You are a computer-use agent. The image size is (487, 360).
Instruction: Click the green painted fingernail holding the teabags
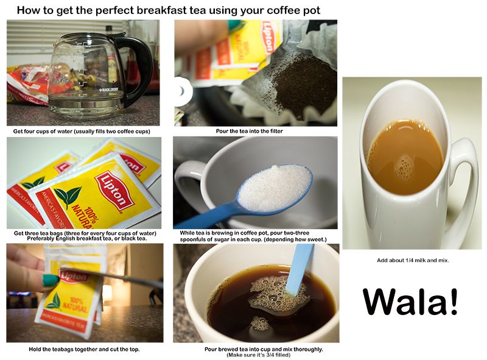(51, 280)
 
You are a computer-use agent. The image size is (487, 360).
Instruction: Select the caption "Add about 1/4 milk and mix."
(413, 260)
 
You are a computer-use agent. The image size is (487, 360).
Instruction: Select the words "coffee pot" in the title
(293, 10)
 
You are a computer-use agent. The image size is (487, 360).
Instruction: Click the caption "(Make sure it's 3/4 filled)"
(258, 355)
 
